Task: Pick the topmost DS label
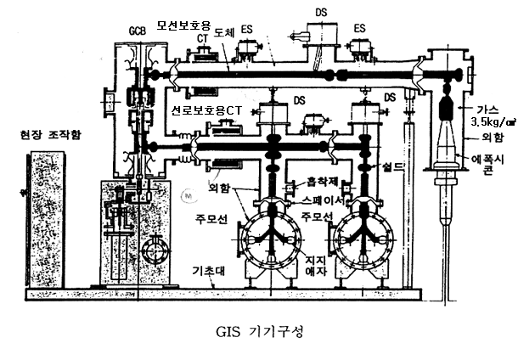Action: point(320,14)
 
